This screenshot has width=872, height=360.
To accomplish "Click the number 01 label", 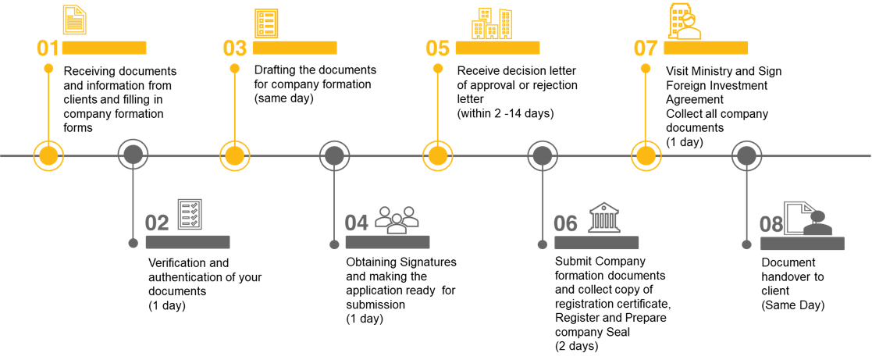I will click(x=48, y=48).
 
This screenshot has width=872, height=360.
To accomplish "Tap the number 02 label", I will click(x=157, y=223).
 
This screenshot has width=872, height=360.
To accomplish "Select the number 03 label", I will click(x=235, y=48).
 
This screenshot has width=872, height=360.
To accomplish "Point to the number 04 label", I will click(x=357, y=223).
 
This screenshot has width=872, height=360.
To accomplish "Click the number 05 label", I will click(x=438, y=48).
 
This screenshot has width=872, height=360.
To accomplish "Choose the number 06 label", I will click(x=565, y=224).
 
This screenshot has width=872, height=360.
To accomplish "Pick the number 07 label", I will click(x=646, y=48).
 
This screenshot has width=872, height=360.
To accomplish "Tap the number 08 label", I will click(x=771, y=225).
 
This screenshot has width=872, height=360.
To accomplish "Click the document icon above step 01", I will click(x=74, y=20).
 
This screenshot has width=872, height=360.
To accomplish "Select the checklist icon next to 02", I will click(x=190, y=215).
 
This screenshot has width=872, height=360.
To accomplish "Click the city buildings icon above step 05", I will click(x=492, y=23).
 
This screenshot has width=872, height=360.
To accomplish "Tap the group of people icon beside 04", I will click(x=397, y=219).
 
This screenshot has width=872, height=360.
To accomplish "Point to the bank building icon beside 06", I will click(x=604, y=217).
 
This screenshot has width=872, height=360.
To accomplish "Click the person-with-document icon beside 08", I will click(x=809, y=219).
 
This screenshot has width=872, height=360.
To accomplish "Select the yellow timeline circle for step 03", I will click(x=234, y=155).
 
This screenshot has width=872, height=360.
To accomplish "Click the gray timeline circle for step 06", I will click(x=543, y=155).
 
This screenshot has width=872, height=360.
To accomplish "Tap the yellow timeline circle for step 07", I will click(x=646, y=155).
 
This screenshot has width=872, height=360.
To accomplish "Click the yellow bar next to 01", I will click(x=105, y=48).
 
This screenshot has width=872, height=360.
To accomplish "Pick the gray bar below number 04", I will click(x=387, y=242).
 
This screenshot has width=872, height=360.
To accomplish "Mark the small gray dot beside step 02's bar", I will click(x=133, y=243).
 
